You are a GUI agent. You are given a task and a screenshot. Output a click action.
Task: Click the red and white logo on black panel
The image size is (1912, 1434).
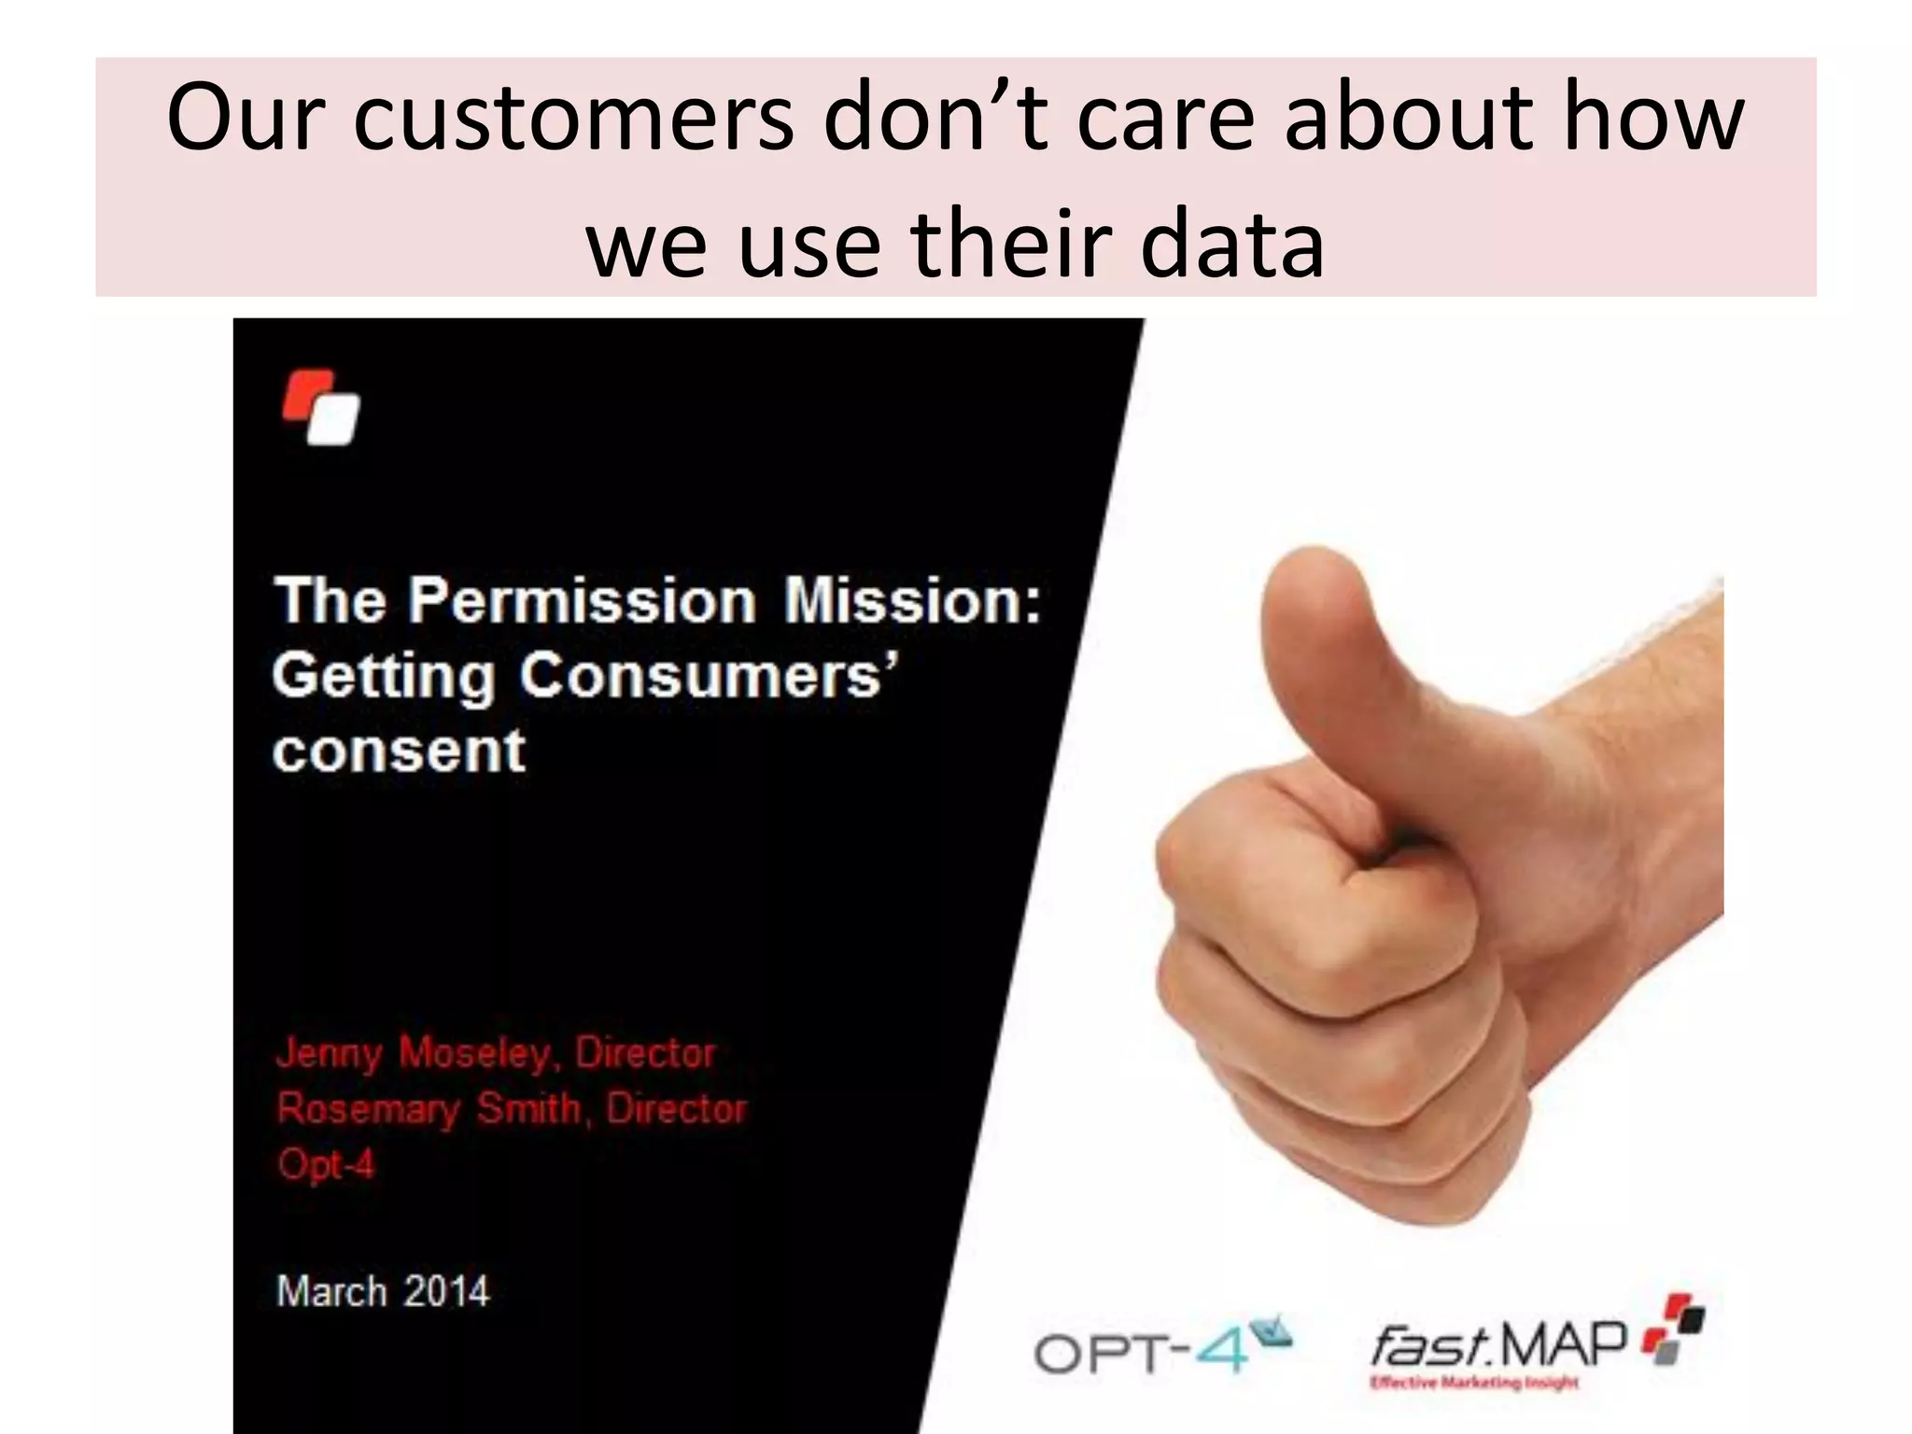[321, 408]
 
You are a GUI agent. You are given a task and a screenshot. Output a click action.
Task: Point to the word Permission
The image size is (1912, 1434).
[582, 600]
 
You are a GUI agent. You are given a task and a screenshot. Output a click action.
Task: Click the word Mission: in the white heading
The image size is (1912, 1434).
[911, 600]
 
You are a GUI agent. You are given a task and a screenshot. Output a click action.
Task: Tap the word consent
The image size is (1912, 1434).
[400, 751]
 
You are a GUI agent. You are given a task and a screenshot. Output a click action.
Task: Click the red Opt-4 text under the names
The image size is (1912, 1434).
[326, 1164]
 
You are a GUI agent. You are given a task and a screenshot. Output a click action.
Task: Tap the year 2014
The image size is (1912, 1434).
[446, 1292]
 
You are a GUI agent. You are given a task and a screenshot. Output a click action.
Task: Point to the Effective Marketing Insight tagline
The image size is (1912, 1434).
[1473, 1383]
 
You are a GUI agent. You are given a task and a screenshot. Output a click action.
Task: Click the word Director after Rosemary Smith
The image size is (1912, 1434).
[676, 1109]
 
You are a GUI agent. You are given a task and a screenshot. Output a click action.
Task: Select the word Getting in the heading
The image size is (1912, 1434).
[384, 677]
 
